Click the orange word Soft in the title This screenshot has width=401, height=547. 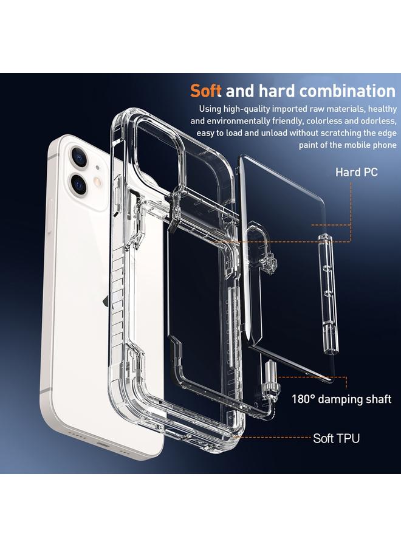point(206,91)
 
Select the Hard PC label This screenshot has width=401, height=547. point(356,173)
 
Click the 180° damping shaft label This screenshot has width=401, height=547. point(341,399)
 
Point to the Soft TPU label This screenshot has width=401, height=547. point(336,438)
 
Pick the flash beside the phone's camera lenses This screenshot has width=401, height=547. point(98,182)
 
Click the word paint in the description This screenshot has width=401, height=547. point(310,145)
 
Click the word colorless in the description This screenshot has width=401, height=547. point(330,122)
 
